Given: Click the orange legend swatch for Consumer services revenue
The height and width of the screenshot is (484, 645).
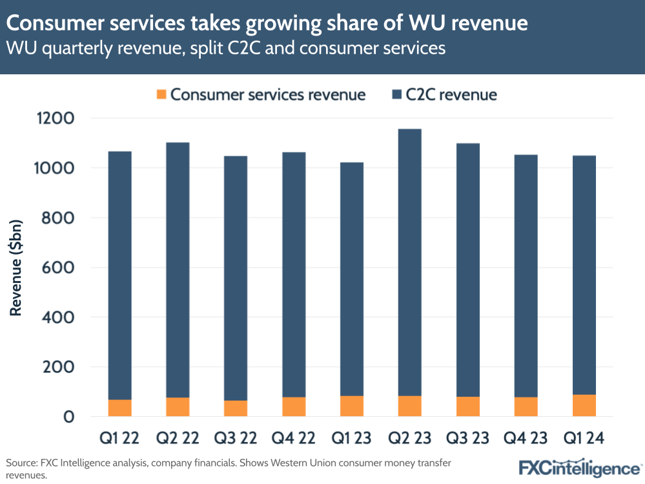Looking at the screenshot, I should coord(161,95).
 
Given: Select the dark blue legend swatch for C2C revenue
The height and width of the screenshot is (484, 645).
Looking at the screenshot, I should coord(396,95).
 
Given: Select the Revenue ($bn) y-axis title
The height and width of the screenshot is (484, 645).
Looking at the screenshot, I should coord(15,268).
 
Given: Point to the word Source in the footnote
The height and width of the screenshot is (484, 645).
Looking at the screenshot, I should coord(21,463).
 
